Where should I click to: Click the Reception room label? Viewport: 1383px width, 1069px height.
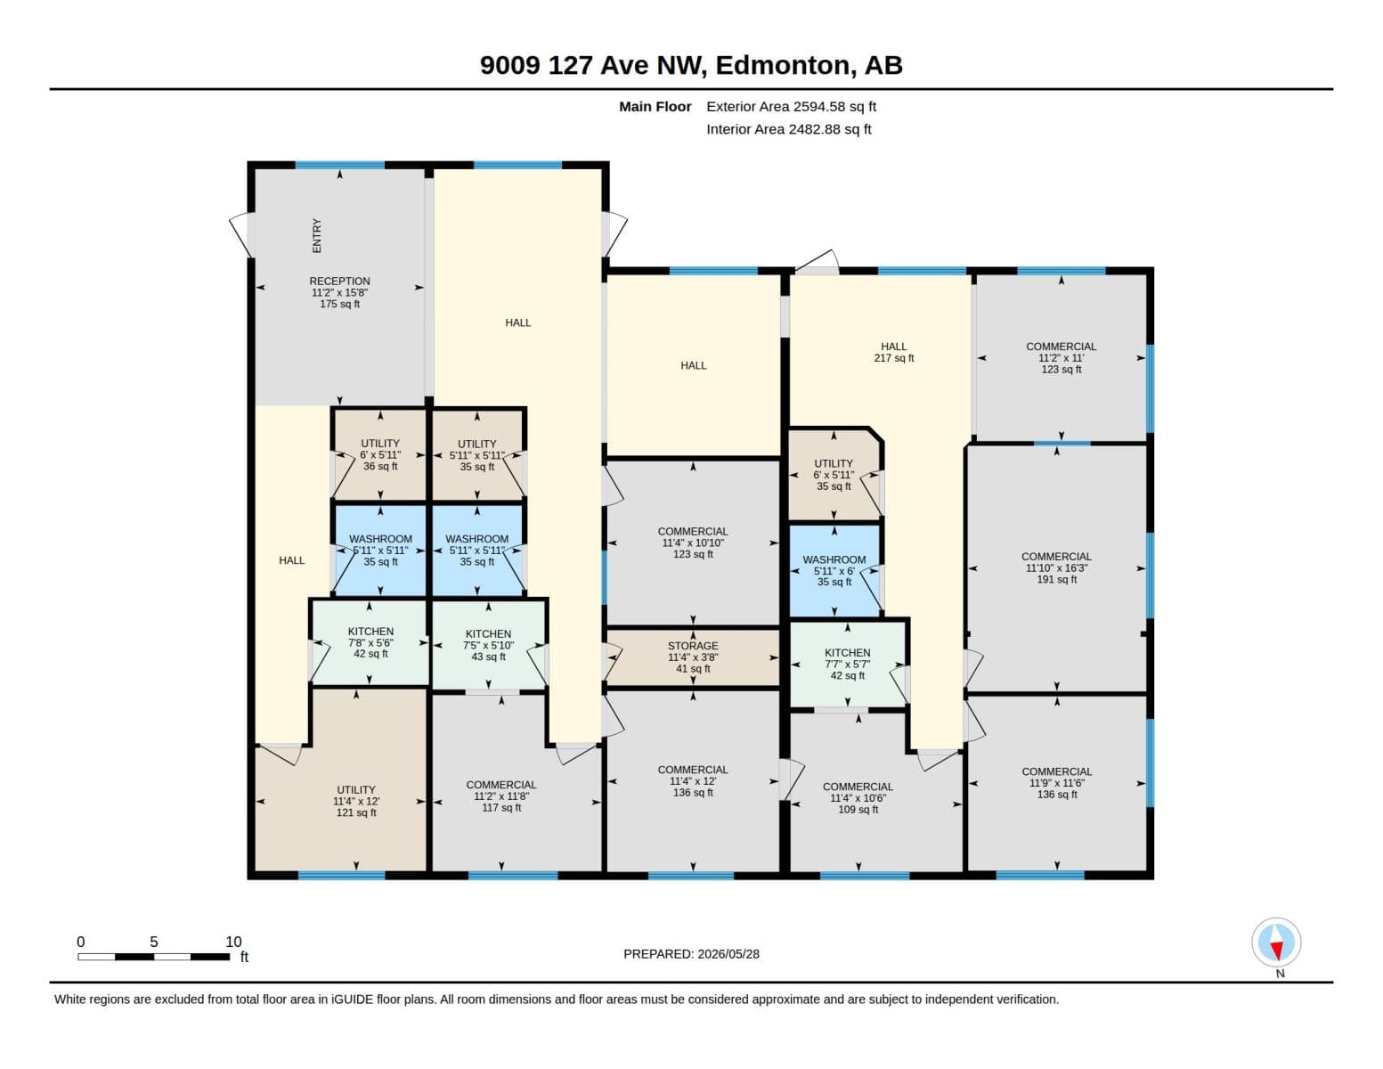coord(339,292)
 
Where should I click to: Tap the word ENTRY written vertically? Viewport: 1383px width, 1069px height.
coord(316,235)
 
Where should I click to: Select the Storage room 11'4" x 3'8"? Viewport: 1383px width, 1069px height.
coord(693,657)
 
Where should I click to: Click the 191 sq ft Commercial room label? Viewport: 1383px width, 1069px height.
coord(1056,568)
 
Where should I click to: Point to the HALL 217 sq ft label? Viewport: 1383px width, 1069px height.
coord(893,352)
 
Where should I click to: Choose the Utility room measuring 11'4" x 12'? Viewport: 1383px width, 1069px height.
coord(356,801)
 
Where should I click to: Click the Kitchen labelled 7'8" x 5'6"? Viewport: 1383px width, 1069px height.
coord(370,642)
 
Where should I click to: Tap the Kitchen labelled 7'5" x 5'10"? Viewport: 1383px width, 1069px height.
coord(488,645)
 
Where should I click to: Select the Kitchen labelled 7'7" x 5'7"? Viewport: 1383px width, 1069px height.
coord(847,664)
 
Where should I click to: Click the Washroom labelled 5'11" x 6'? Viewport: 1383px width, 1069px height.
coord(834,570)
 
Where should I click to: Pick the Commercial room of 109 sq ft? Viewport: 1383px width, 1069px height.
coord(858,798)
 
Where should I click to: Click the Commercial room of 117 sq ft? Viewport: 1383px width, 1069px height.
coord(500,796)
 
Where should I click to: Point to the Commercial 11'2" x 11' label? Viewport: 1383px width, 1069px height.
coord(1061,358)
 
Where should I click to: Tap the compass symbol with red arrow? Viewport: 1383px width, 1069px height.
coord(1275,943)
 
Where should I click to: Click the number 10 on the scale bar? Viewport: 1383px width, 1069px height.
coord(233,942)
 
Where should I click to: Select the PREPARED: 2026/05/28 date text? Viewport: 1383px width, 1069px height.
coord(691,954)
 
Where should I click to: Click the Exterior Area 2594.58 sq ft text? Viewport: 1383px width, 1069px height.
coord(791,106)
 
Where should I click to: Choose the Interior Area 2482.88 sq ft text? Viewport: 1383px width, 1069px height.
coord(788,129)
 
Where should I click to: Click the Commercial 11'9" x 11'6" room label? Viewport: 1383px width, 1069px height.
coord(1056,782)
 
